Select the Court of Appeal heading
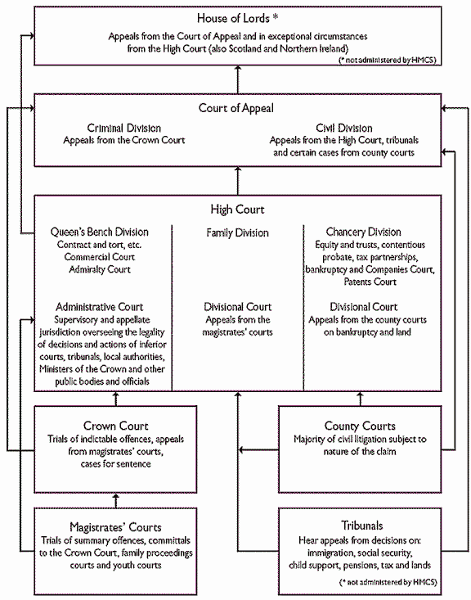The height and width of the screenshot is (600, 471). pyautogui.click(x=236, y=107)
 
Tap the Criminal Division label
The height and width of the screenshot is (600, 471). pyautogui.click(x=124, y=129)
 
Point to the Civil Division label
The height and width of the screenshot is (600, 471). pyautogui.click(x=344, y=129)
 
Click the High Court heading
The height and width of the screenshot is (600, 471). pyautogui.click(x=236, y=210)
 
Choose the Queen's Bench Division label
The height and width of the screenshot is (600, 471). pyautogui.click(x=100, y=232)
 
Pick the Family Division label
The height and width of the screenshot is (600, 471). pyautogui.click(x=236, y=233)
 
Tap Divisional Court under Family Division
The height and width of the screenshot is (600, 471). pyautogui.click(x=236, y=307)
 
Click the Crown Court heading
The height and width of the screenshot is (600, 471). pyautogui.click(x=116, y=426)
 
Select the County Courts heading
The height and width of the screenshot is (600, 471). pyautogui.click(x=361, y=426)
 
